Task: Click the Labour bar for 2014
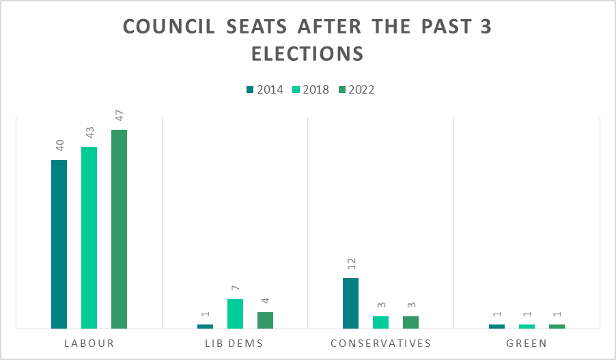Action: [x=59, y=244]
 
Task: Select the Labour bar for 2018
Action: [x=89, y=238]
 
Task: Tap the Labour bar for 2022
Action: [x=119, y=229]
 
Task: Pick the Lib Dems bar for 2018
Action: [x=235, y=314]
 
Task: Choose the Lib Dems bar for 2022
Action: [x=265, y=320]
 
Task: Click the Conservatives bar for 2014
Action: [x=350, y=303]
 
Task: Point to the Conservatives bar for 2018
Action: [x=380, y=322]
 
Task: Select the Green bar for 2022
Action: [x=557, y=327]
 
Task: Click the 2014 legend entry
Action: [x=265, y=89]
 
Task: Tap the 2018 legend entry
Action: [x=311, y=89]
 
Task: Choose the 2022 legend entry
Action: [x=356, y=89]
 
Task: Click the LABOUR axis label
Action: [x=89, y=344]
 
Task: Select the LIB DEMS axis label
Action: [x=234, y=344]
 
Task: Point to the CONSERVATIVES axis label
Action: [x=380, y=344]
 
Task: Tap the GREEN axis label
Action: [x=527, y=344]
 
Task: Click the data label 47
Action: [x=120, y=115]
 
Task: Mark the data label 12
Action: [x=352, y=264]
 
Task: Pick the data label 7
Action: [x=236, y=288]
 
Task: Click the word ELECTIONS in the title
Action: [x=307, y=54]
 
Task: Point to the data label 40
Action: [x=59, y=146]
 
